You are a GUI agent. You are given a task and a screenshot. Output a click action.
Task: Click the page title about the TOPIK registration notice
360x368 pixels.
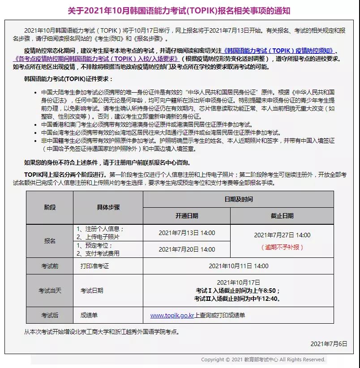pos(179,10)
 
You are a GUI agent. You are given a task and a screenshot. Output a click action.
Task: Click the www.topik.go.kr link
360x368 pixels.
pos(172,315)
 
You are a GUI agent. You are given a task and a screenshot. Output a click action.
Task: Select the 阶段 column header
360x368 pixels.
pos(50,207)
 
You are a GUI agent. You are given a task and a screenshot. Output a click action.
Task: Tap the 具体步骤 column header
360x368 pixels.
pos(108,207)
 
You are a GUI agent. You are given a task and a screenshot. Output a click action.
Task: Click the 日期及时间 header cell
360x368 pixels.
pos(238,199)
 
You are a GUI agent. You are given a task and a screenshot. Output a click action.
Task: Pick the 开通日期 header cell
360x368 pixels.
pos(187,216)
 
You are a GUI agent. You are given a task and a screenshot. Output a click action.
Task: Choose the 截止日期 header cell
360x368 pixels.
pos(282,216)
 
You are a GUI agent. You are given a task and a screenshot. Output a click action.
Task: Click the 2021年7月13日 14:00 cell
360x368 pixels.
pos(187,233)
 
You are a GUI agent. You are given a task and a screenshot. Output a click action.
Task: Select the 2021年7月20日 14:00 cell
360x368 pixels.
pos(187,249)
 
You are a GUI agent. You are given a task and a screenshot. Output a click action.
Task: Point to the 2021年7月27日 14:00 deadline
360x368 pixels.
pos(282,235)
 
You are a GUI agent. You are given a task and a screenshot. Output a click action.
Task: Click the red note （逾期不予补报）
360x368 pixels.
pos(282,247)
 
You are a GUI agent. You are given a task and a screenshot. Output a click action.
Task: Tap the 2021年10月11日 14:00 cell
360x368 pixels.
pos(238,266)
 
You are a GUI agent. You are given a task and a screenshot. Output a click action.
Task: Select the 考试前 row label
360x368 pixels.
pos(50,266)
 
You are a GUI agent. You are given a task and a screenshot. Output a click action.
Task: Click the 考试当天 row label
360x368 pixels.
pos(50,291)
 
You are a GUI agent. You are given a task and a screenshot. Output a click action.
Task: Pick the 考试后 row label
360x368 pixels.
pos(50,315)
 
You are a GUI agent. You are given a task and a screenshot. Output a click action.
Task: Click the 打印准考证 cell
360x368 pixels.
pos(94,266)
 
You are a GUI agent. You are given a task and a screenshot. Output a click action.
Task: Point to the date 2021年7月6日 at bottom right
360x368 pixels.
pos(329,343)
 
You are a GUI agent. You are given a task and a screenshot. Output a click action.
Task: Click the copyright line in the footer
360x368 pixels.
pos(263,359)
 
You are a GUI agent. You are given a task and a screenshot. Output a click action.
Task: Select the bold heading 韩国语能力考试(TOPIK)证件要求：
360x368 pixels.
pos(69,79)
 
